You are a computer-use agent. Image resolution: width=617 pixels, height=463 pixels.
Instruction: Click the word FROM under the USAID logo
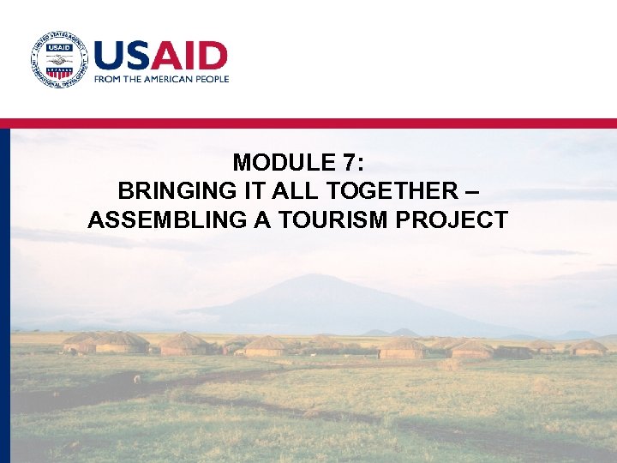click(x=106, y=79)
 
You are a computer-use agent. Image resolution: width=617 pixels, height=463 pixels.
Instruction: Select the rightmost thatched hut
click(x=589, y=347)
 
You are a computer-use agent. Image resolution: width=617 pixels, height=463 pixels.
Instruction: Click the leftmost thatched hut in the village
click(x=79, y=344)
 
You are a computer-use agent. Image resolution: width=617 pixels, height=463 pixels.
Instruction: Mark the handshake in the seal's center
click(x=58, y=59)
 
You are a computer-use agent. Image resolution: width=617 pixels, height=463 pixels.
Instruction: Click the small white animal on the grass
click(x=137, y=378)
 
